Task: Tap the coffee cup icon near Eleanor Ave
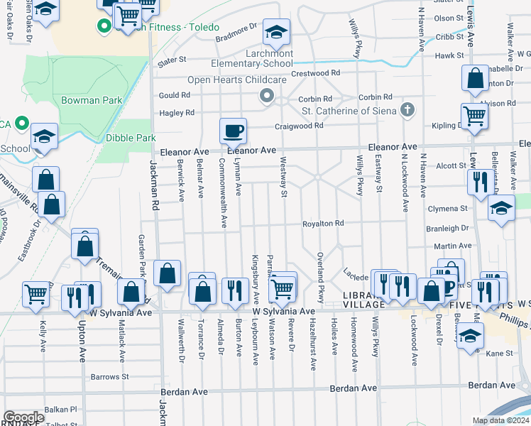pos(233,130)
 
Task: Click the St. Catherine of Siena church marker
pos(406,109)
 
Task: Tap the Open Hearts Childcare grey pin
pos(267,95)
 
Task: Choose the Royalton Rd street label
pos(323,224)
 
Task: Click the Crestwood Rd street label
pos(316,73)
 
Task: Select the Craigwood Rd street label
pos(300,126)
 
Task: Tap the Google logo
pos(23,417)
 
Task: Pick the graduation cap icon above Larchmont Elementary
pos(275,32)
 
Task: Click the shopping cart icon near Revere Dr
pos(283,288)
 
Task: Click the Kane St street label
pos(499,353)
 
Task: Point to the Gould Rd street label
pos(175,95)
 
